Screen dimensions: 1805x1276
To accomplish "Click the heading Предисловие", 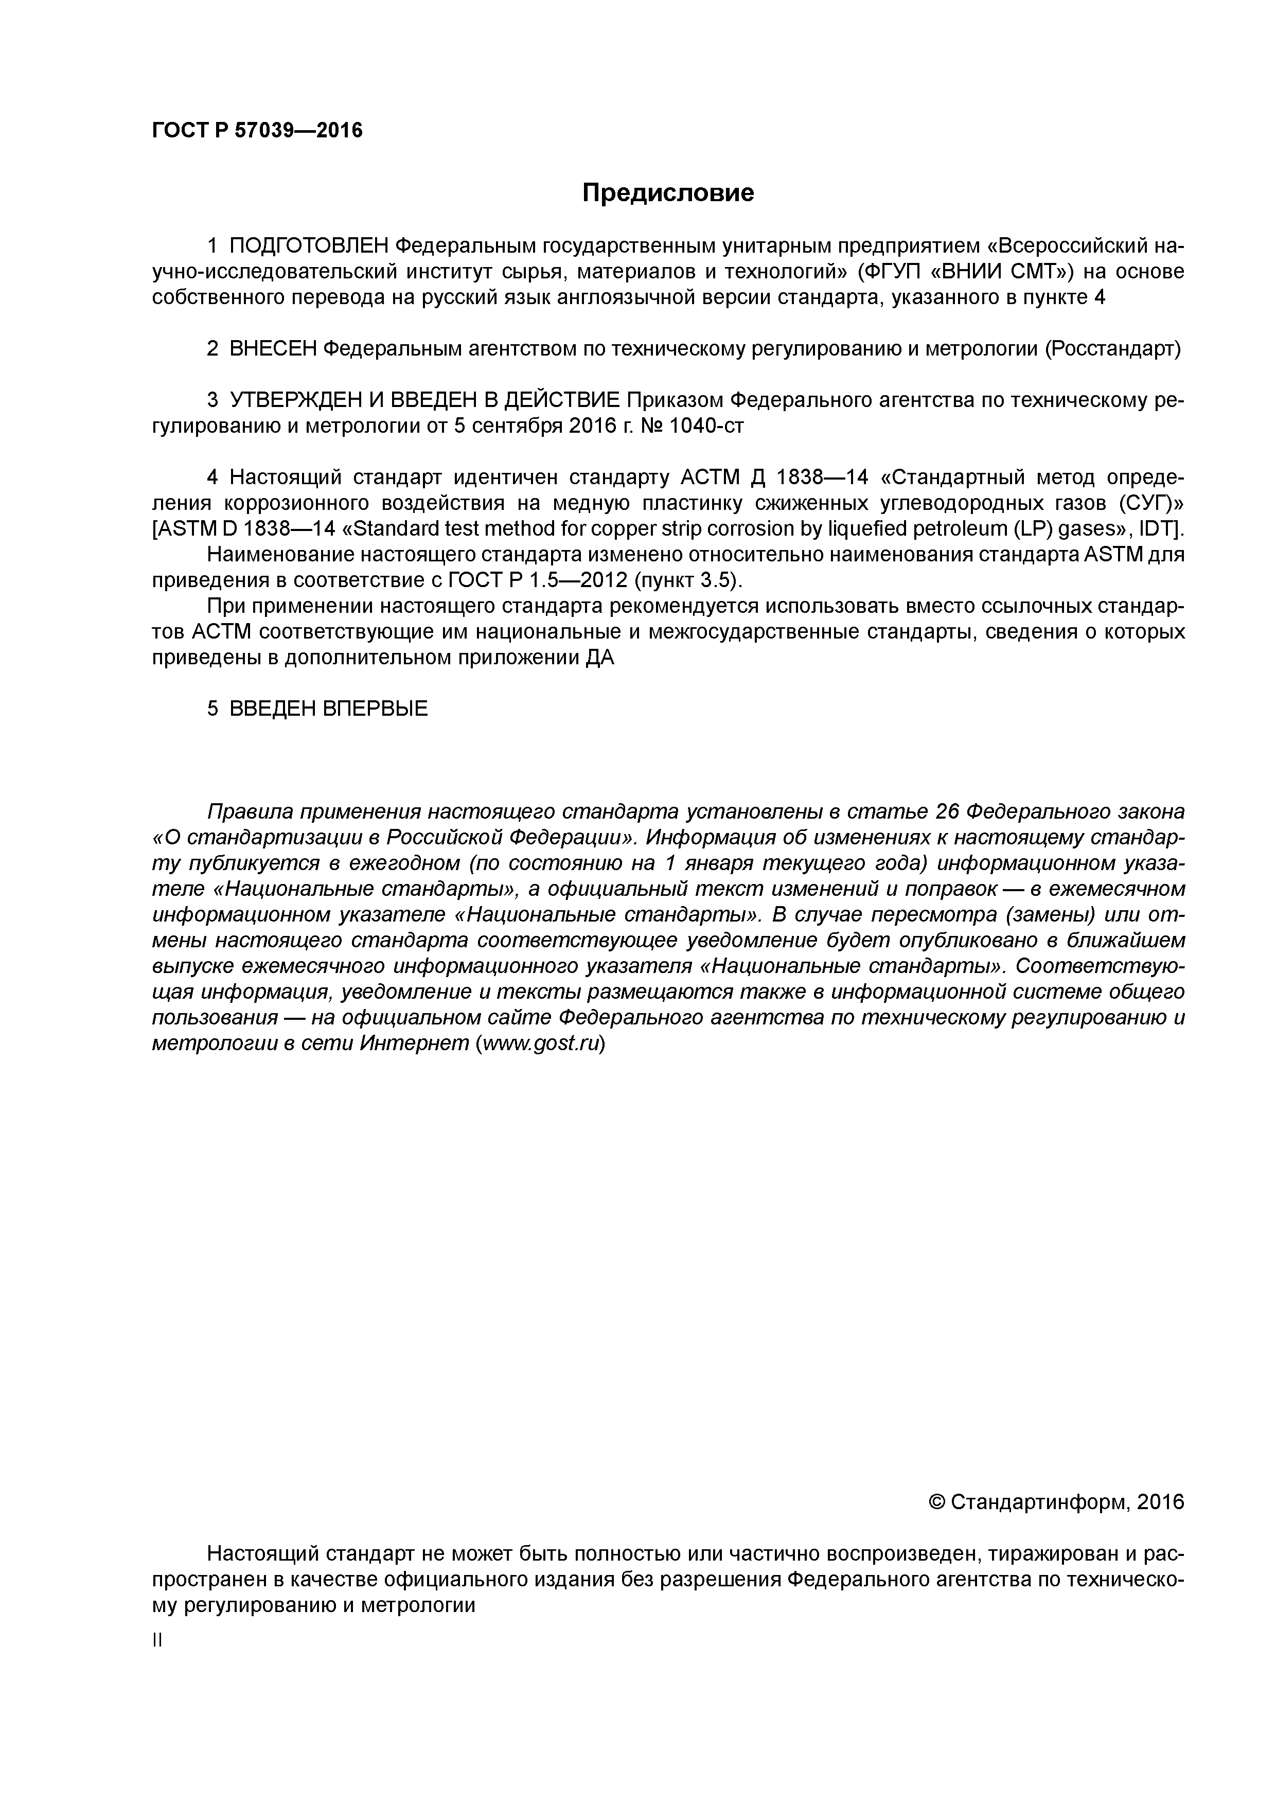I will point(667,192).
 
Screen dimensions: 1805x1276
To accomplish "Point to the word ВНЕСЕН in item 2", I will point(272,349).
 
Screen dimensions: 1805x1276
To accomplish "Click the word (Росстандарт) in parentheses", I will point(1112,349).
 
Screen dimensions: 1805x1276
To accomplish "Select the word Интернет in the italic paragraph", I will point(414,1043).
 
